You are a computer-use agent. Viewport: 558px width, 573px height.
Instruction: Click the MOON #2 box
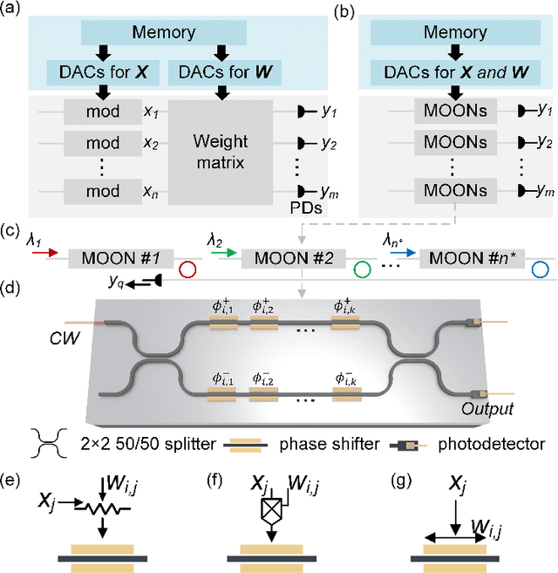point(293,259)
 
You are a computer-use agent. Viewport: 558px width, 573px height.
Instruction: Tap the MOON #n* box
point(470,259)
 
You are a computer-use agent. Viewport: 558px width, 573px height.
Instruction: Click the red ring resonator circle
point(186,270)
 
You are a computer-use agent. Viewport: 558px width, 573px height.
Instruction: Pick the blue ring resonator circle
point(540,270)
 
